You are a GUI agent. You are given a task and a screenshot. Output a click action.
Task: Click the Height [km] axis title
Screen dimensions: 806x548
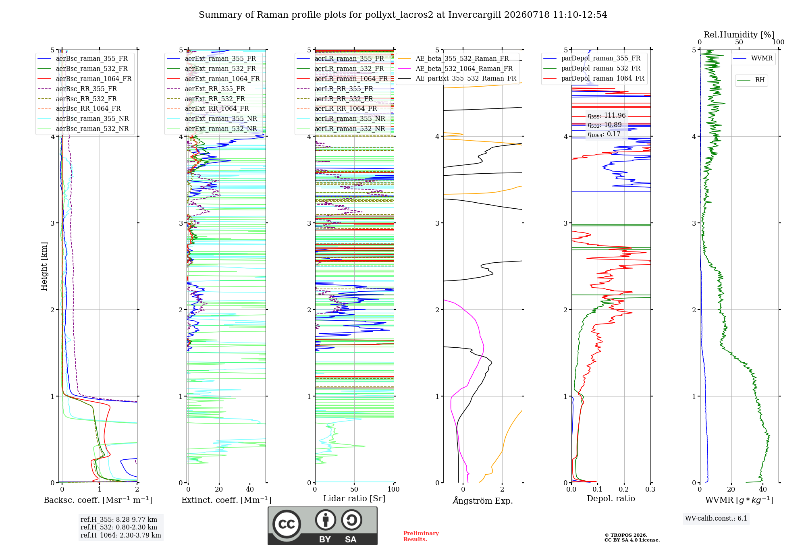tap(44, 266)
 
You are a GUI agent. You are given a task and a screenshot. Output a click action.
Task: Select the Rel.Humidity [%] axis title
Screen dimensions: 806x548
tap(739, 35)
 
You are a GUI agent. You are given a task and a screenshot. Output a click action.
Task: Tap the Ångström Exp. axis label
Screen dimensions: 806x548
tap(483, 500)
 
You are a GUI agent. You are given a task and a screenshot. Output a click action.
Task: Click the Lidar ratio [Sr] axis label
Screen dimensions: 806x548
tap(354, 498)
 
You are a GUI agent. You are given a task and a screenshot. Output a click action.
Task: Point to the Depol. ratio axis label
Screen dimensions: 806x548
tap(611, 498)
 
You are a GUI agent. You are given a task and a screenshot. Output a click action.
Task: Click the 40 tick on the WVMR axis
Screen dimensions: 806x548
tap(763, 489)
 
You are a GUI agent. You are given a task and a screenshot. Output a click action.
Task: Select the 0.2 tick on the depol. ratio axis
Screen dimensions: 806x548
tap(624, 489)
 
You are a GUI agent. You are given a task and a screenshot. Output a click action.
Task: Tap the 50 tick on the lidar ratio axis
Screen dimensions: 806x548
tap(354, 489)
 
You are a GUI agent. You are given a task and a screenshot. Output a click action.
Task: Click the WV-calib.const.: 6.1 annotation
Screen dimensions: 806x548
tap(716, 518)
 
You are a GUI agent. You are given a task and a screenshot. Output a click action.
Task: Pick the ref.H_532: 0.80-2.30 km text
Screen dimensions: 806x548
tap(119, 527)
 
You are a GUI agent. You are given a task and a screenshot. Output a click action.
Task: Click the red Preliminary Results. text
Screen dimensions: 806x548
tap(421, 536)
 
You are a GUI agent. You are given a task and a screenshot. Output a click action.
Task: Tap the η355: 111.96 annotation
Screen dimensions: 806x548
tap(607, 116)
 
